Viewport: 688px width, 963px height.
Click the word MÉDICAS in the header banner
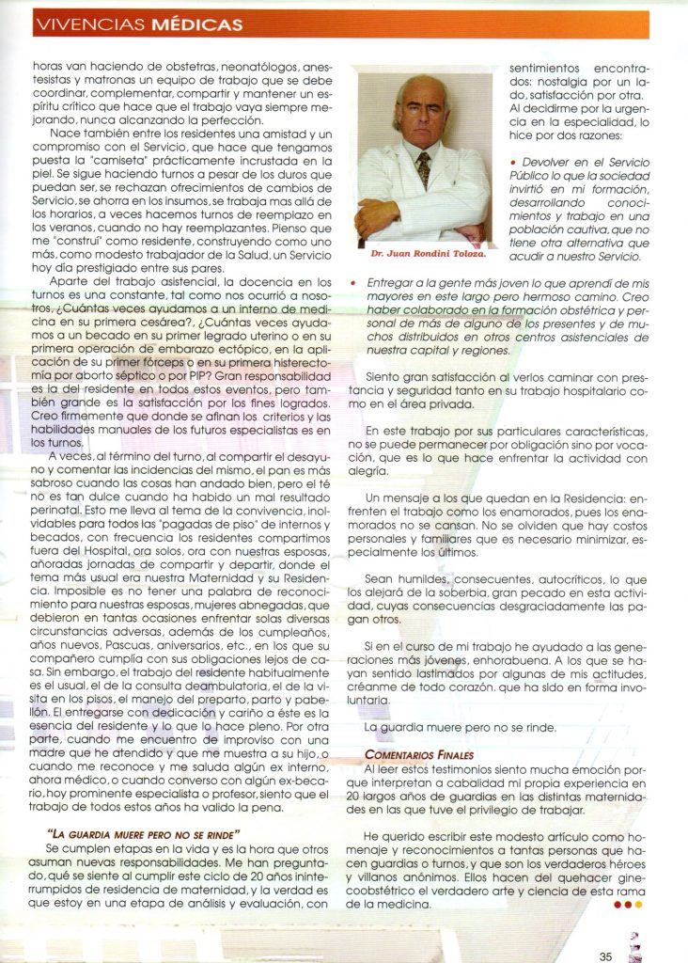tap(197, 24)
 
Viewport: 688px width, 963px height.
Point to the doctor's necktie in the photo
tap(424, 170)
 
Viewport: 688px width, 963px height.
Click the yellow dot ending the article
tap(639, 905)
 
